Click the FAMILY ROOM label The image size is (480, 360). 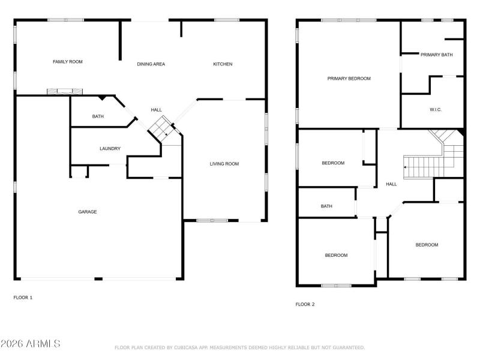pyautogui.click(x=68, y=62)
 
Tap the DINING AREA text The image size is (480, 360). pyautogui.click(x=151, y=64)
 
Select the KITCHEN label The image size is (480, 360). pyautogui.click(x=223, y=64)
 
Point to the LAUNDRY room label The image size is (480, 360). pyautogui.click(x=110, y=149)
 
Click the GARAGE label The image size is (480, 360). pyautogui.click(x=88, y=212)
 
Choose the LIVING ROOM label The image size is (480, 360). pyautogui.click(x=224, y=164)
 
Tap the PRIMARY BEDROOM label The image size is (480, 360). pyautogui.click(x=349, y=79)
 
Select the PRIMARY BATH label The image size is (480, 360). pyautogui.click(x=436, y=55)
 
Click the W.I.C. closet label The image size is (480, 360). pyautogui.click(x=436, y=110)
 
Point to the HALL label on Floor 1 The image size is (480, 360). pyautogui.click(x=156, y=110)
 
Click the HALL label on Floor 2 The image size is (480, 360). pyautogui.click(x=391, y=184)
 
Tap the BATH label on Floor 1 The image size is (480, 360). pyautogui.click(x=98, y=116)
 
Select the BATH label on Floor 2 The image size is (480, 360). pyautogui.click(x=326, y=206)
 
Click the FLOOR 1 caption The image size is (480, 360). pyautogui.click(x=23, y=298)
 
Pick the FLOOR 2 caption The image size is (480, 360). pyautogui.click(x=305, y=304)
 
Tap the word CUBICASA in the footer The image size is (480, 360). pyautogui.click(x=187, y=347)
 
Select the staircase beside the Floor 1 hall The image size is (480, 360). pyautogui.click(x=161, y=127)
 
